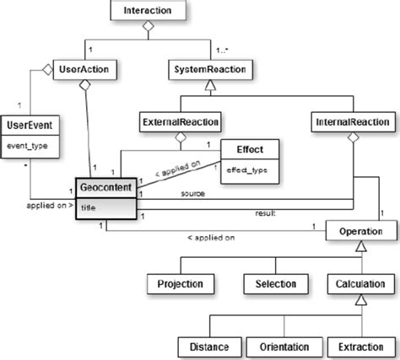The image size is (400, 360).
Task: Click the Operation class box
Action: click(x=361, y=230)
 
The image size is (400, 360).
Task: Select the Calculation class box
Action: click(x=360, y=283)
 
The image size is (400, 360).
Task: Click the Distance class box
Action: click(x=207, y=345)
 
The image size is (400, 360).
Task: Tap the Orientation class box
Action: click(x=283, y=345)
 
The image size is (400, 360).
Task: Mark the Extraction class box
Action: click(x=360, y=345)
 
